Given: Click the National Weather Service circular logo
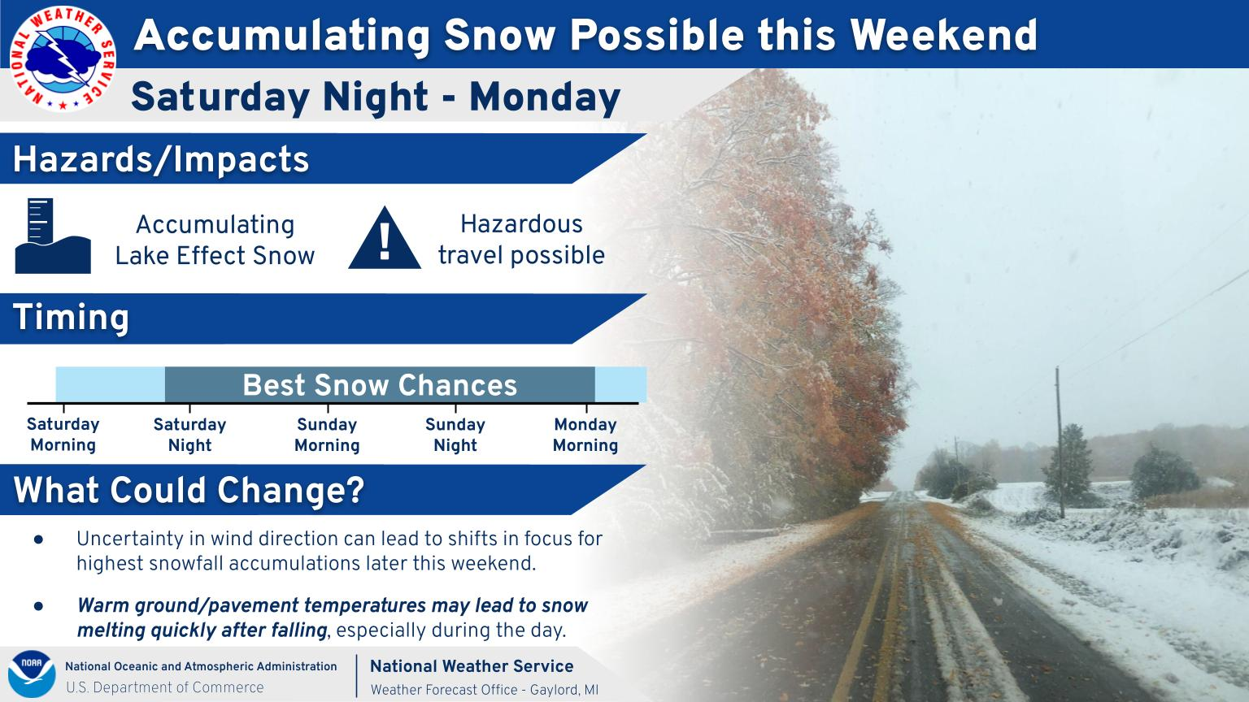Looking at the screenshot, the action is tap(63, 59).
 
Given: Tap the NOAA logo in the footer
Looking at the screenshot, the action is tap(32, 674).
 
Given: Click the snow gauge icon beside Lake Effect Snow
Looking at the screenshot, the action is tap(53, 236).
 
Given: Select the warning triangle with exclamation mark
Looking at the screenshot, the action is tap(385, 238).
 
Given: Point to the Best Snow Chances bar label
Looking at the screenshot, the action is tap(380, 385).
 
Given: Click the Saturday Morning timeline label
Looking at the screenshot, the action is tap(63, 435).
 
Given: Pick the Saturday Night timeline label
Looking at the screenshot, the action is tap(189, 435).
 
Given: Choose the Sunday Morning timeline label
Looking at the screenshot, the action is tap(328, 435).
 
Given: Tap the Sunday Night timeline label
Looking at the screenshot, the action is tap(455, 435).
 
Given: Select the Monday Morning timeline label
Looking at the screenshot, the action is tap(585, 435).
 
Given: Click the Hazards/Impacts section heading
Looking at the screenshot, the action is tap(161, 159).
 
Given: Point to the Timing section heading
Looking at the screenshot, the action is tap(71, 318).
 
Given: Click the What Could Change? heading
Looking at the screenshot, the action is tap(189, 490).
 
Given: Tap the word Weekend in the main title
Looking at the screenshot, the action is tap(943, 35).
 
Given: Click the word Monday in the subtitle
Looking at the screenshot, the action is tap(545, 97).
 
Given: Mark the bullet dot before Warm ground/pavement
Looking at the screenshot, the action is tap(38, 605).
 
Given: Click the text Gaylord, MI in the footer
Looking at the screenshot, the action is tap(564, 690).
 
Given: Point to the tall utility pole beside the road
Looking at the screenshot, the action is tap(1060, 442).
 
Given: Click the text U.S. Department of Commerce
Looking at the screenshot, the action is tap(165, 687).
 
